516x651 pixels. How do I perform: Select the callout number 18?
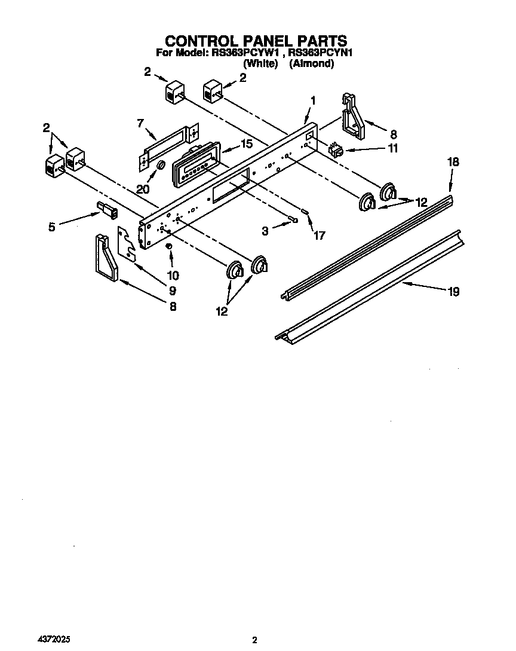point(453,161)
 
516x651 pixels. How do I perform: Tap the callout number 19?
point(453,292)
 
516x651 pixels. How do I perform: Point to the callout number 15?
point(246,144)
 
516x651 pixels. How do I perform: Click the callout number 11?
point(392,149)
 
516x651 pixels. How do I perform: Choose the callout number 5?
point(52,227)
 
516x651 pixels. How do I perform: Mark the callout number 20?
point(142,189)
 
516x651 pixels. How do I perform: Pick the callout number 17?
point(319,236)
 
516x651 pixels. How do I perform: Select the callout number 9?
point(172,291)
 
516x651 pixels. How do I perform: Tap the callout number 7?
point(140,124)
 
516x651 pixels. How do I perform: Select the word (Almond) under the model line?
point(311,63)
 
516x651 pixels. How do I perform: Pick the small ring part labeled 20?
point(161,166)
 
